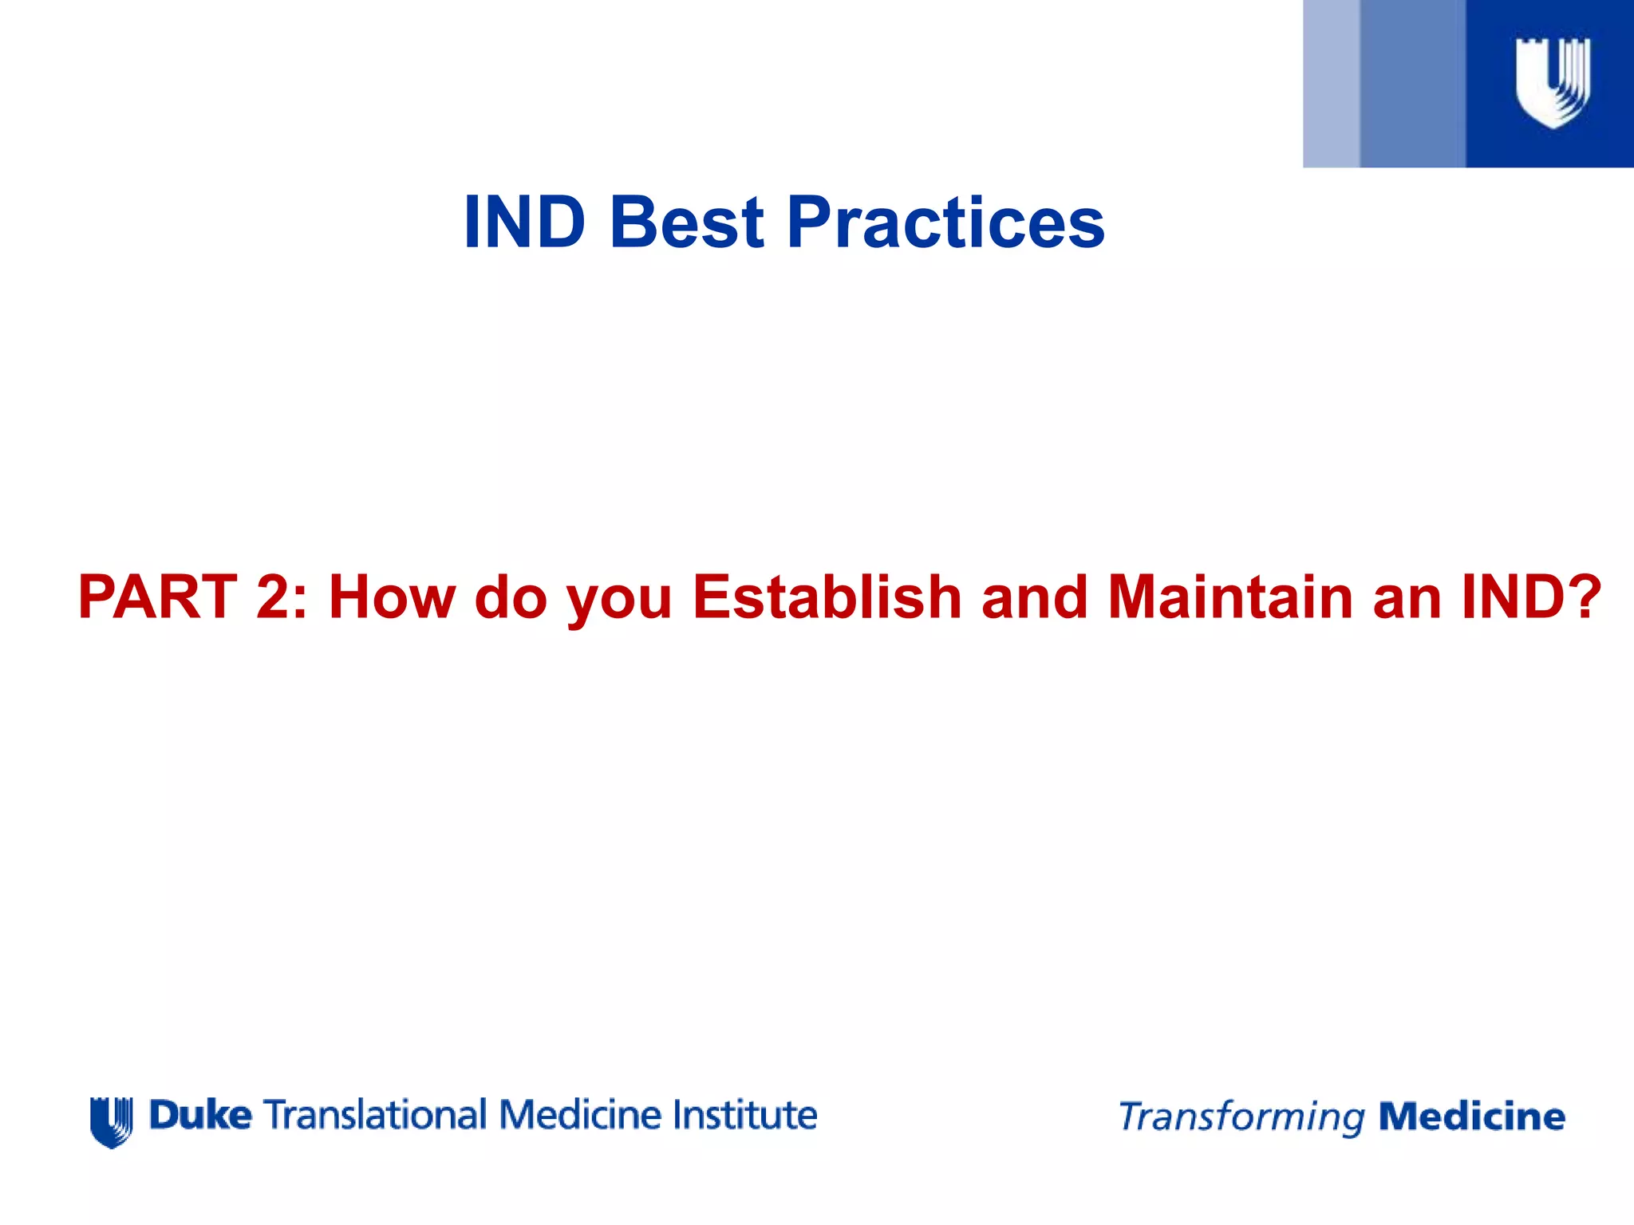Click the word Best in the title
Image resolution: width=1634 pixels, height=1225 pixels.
686,223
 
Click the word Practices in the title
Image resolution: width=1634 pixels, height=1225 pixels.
945,223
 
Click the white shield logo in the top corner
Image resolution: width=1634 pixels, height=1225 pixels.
1553,82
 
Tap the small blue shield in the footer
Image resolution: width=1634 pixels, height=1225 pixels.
112,1121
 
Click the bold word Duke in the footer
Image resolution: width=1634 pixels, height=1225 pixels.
200,1115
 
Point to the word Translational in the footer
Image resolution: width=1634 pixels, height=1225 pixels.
375,1115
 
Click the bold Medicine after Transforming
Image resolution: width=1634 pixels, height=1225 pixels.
1472,1117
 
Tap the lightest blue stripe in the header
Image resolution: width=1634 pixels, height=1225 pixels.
1331,84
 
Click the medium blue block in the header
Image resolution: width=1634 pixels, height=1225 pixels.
1412,84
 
